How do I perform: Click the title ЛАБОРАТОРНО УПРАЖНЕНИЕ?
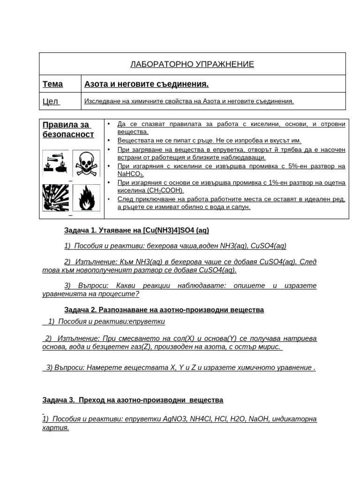(192, 64)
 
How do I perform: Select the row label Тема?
(52, 84)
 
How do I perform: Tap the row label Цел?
(50, 101)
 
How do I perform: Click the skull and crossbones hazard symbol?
(86, 164)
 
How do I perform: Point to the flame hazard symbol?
(86, 198)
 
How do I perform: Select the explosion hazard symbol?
(55, 198)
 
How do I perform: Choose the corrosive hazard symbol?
(55, 164)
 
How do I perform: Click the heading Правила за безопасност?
(68, 130)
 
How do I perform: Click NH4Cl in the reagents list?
(202, 419)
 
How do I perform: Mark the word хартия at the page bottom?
(55, 428)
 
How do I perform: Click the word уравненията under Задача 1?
(71, 294)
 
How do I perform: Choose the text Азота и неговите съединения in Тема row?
(146, 84)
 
